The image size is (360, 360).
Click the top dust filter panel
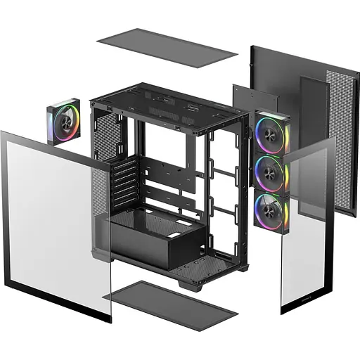point(167,48)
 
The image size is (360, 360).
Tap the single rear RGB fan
point(64,122)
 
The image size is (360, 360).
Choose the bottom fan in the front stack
point(269,208)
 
